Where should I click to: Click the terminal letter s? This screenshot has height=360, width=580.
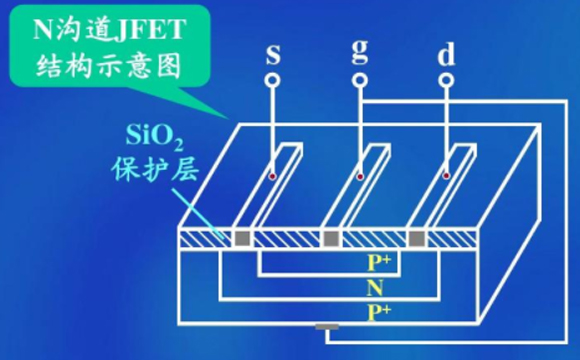(x=273, y=54)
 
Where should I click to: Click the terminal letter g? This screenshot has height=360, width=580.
(x=359, y=54)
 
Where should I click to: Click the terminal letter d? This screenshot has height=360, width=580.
(x=445, y=52)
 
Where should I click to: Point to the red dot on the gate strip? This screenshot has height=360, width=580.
(x=358, y=176)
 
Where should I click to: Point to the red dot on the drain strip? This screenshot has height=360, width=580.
(x=444, y=176)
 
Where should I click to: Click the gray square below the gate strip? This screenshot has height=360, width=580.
(x=329, y=239)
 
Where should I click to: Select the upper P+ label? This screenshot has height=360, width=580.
(x=379, y=263)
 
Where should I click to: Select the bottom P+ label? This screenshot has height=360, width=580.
(x=379, y=311)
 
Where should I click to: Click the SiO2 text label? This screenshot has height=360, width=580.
(x=154, y=135)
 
